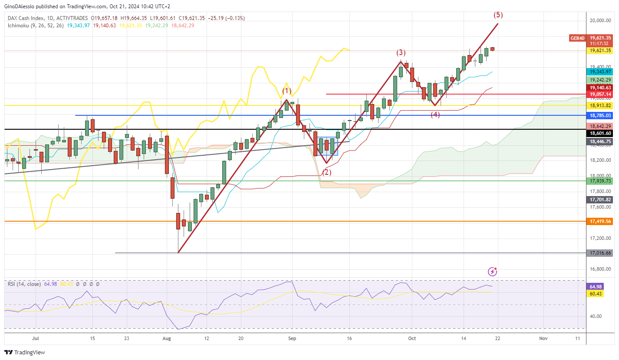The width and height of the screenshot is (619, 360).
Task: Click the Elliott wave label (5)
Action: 498,15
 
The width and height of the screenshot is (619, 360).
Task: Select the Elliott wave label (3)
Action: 401,53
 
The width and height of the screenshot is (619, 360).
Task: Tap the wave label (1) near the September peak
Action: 287,91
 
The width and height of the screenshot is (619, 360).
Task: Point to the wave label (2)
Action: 326,172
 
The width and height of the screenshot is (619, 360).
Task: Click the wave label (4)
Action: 435,115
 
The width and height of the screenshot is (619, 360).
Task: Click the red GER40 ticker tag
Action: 577,38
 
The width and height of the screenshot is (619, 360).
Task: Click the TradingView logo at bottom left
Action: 25,352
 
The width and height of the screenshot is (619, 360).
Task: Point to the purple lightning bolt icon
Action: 492,272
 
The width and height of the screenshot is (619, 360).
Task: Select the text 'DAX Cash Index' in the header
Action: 26,18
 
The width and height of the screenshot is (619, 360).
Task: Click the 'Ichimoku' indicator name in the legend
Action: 20,26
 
